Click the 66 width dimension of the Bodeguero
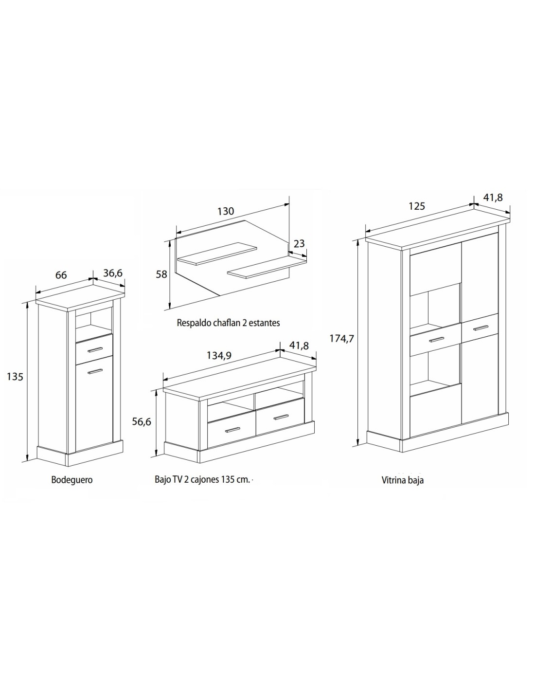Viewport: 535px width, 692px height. tap(61, 275)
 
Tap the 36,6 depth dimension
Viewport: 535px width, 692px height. tap(113, 273)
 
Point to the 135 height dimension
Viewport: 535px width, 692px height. tap(15, 377)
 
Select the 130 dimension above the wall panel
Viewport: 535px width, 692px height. tap(226, 211)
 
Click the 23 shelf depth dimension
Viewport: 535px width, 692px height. tap(299, 244)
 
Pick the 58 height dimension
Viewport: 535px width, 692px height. tap(161, 274)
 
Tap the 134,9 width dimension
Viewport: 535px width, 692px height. tap(219, 355)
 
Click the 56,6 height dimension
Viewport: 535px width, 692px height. tap(142, 421)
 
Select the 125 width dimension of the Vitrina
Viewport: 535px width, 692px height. tap(417, 206)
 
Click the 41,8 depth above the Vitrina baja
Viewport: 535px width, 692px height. tap(493, 198)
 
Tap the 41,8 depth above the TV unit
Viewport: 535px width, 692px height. tap(299, 346)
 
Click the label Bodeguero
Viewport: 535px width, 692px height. tap(72, 480)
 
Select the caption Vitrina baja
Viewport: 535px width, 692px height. tap(403, 480)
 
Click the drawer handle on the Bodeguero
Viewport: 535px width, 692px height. tap(96, 349)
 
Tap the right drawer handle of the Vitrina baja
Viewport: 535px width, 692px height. tap(480, 328)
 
